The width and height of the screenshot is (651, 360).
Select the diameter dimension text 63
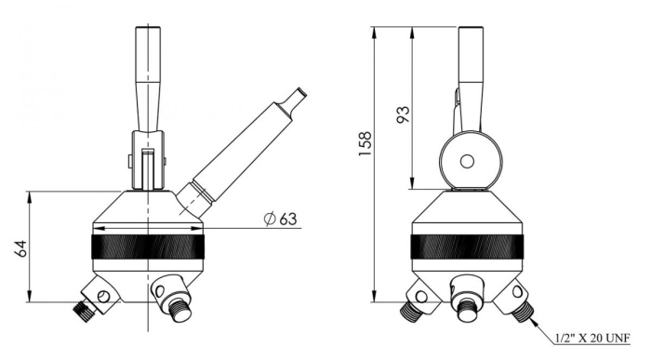[x=287, y=220]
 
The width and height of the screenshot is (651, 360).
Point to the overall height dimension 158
[x=368, y=140]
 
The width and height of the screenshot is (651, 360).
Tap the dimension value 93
[x=404, y=114]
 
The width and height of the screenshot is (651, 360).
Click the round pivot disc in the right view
[x=467, y=160]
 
